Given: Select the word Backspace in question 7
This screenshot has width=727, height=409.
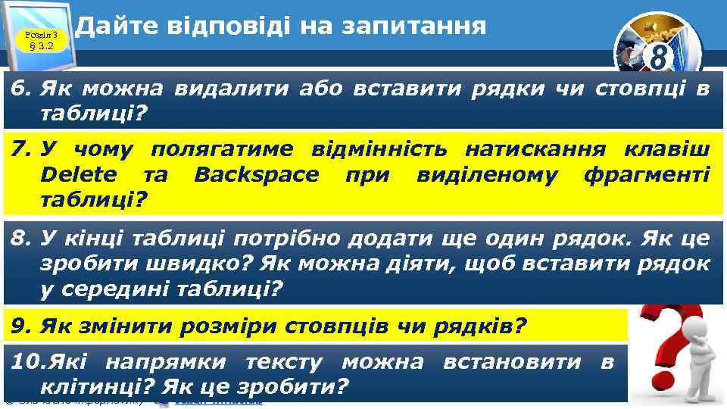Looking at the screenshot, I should (257, 176).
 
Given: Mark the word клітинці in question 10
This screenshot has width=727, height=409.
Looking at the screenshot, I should (90, 387).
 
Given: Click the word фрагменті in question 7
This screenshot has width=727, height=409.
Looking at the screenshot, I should (647, 176).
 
